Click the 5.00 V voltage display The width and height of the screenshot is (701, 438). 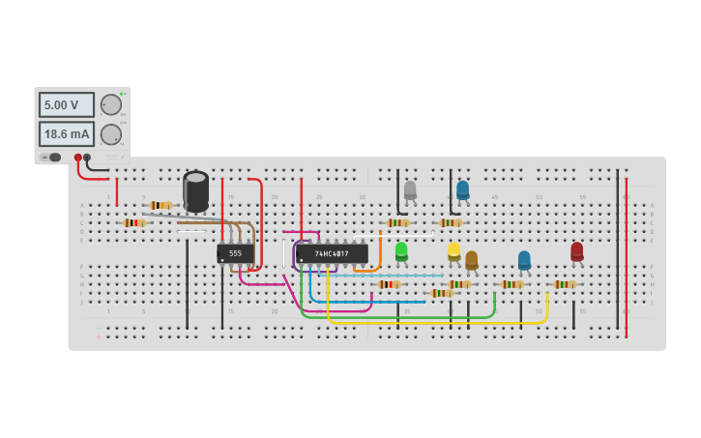pyautogui.click(x=66, y=104)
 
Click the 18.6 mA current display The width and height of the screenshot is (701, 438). pyautogui.click(x=66, y=133)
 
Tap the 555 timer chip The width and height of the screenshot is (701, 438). pyautogui.click(x=235, y=253)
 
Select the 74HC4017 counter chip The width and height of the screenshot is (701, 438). pyautogui.click(x=332, y=253)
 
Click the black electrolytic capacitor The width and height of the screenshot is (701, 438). pyautogui.click(x=195, y=190)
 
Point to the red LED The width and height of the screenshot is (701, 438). pyautogui.click(x=577, y=251)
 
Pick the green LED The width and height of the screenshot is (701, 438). pyautogui.click(x=401, y=250)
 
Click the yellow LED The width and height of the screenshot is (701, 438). pyautogui.click(x=453, y=250)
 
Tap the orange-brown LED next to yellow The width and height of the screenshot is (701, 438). pyautogui.click(x=471, y=259)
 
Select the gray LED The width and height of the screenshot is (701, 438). pyautogui.click(x=410, y=190)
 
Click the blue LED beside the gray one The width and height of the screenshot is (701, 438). pyautogui.click(x=462, y=190)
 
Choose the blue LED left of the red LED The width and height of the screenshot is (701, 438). pyautogui.click(x=524, y=259)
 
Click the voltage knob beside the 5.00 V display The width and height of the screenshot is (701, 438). pyautogui.click(x=111, y=104)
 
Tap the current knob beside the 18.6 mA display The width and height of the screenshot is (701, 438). pyautogui.click(x=111, y=134)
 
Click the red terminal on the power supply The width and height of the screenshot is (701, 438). pyautogui.click(x=78, y=157)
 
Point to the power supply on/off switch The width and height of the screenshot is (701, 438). pyautogui.click(x=51, y=157)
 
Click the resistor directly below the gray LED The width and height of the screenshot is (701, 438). pyautogui.click(x=397, y=222)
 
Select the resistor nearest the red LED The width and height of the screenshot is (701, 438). pyautogui.click(x=565, y=284)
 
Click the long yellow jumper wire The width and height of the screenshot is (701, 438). pyautogui.click(x=435, y=322)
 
